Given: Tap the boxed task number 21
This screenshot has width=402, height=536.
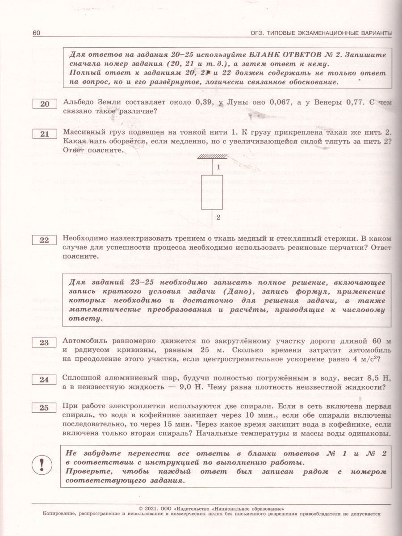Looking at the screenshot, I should click(x=45, y=134).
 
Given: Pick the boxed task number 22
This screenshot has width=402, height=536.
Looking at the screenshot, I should click(x=45, y=240).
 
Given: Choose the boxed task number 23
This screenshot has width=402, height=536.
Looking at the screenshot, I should click(x=45, y=343).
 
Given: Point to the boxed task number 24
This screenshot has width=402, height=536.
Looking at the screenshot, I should click(x=45, y=380).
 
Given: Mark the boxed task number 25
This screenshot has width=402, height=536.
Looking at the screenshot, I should click(x=45, y=407).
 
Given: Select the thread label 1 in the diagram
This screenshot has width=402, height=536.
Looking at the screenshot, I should click(x=218, y=167).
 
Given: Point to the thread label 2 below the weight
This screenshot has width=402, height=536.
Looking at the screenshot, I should click(x=218, y=218).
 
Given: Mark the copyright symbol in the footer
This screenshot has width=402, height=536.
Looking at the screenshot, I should click(x=142, y=508).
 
